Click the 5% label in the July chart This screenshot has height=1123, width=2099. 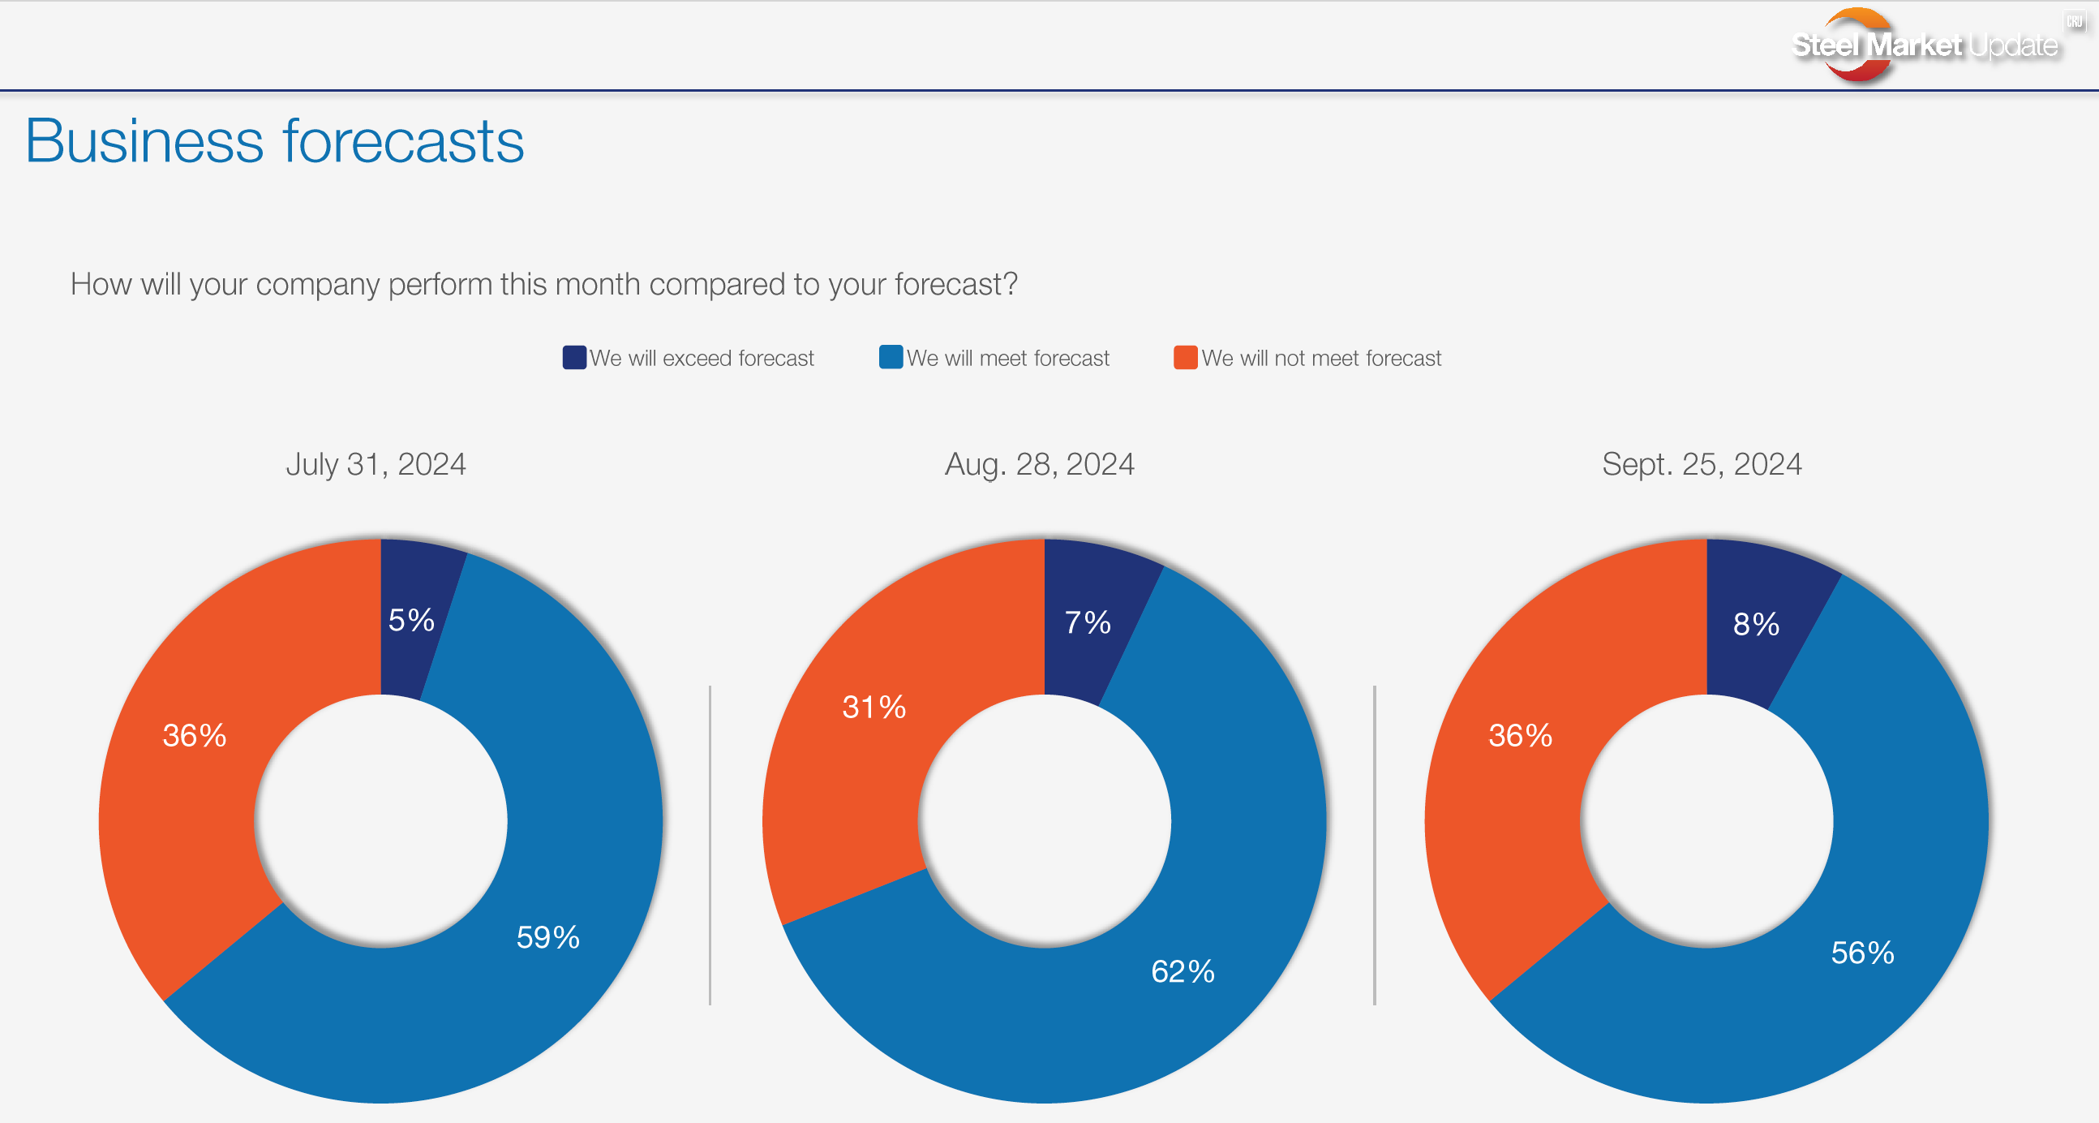click(x=410, y=620)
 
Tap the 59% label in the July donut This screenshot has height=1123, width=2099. click(x=547, y=937)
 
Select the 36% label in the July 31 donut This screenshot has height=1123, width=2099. click(x=194, y=735)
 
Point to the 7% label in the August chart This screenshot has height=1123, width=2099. click(x=1087, y=622)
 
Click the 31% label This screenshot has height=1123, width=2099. click(x=874, y=707)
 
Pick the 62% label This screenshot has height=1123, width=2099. click(x=1183, y=971)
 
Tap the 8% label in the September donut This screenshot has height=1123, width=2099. click(x=1756, y=624)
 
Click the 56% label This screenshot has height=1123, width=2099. click(x=1862, y=953)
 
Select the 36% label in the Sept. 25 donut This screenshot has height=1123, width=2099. click(x=1520, y=735)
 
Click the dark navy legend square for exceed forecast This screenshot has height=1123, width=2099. click(x=574, y=358)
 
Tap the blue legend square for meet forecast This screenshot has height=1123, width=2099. click(x=891, y=357)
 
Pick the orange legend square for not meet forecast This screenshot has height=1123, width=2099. click(x=1185, y=357)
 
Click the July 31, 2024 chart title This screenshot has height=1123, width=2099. click(x=376, y=464)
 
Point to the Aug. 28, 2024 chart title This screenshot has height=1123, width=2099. click(x=1039, y=464)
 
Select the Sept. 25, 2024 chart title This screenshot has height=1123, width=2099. click(x=1702, y=464)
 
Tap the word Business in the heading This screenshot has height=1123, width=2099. click(x=144, y=142)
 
